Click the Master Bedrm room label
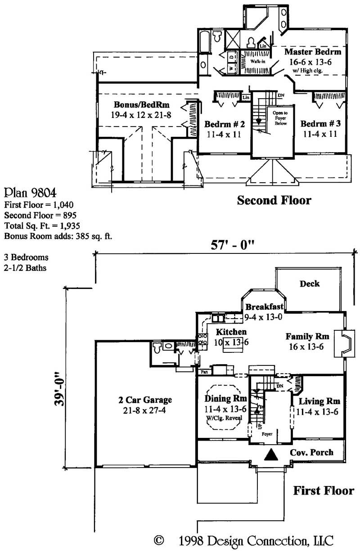tap(312, 52)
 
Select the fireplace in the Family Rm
tap(344, 344)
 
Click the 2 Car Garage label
tap(145, 400)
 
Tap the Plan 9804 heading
tap(30, 193)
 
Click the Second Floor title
tap(274, 200)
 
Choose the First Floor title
tap(324, 490)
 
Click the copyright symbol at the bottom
tap(158, 540)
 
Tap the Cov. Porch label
tap(312, 452)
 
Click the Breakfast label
tap(264, 307)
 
